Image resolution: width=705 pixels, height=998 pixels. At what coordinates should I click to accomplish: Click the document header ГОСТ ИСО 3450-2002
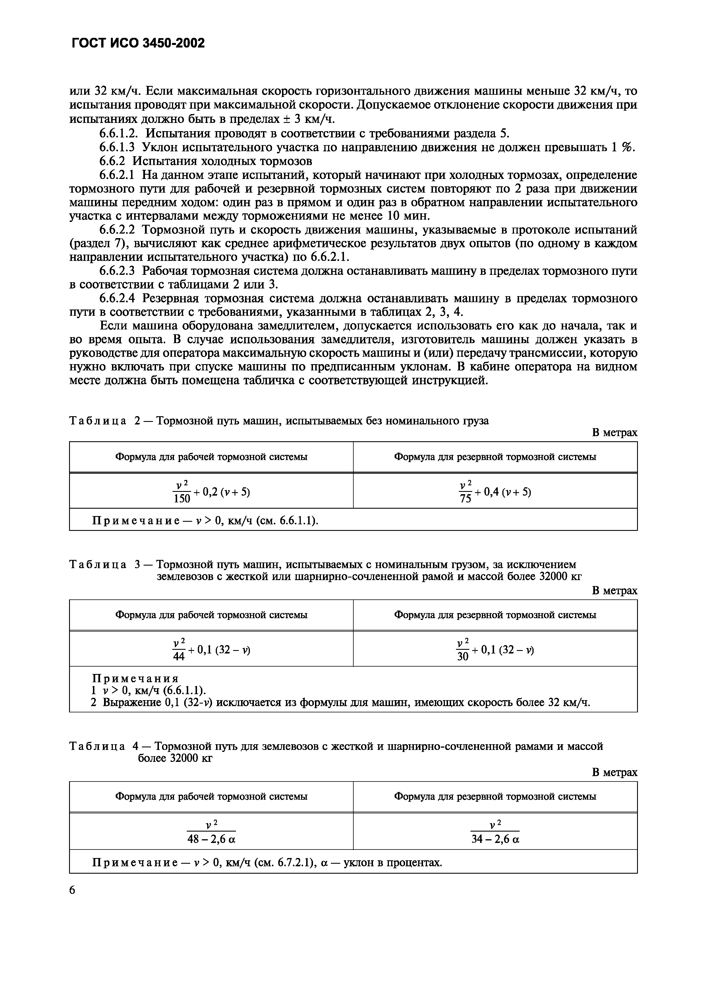[137, 43]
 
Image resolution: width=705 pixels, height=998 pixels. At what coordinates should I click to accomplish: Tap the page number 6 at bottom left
[72, 890]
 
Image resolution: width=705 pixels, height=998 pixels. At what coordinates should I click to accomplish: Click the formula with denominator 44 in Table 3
[211, 649]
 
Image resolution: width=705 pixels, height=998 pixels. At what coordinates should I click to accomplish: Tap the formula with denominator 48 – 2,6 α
[211, 832]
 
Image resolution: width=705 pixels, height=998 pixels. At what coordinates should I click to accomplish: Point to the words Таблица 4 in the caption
[104, 746]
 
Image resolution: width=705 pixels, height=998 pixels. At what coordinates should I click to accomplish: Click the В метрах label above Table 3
[614, 590]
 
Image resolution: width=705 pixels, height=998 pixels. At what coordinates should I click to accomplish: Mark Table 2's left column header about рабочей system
[211, 457]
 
